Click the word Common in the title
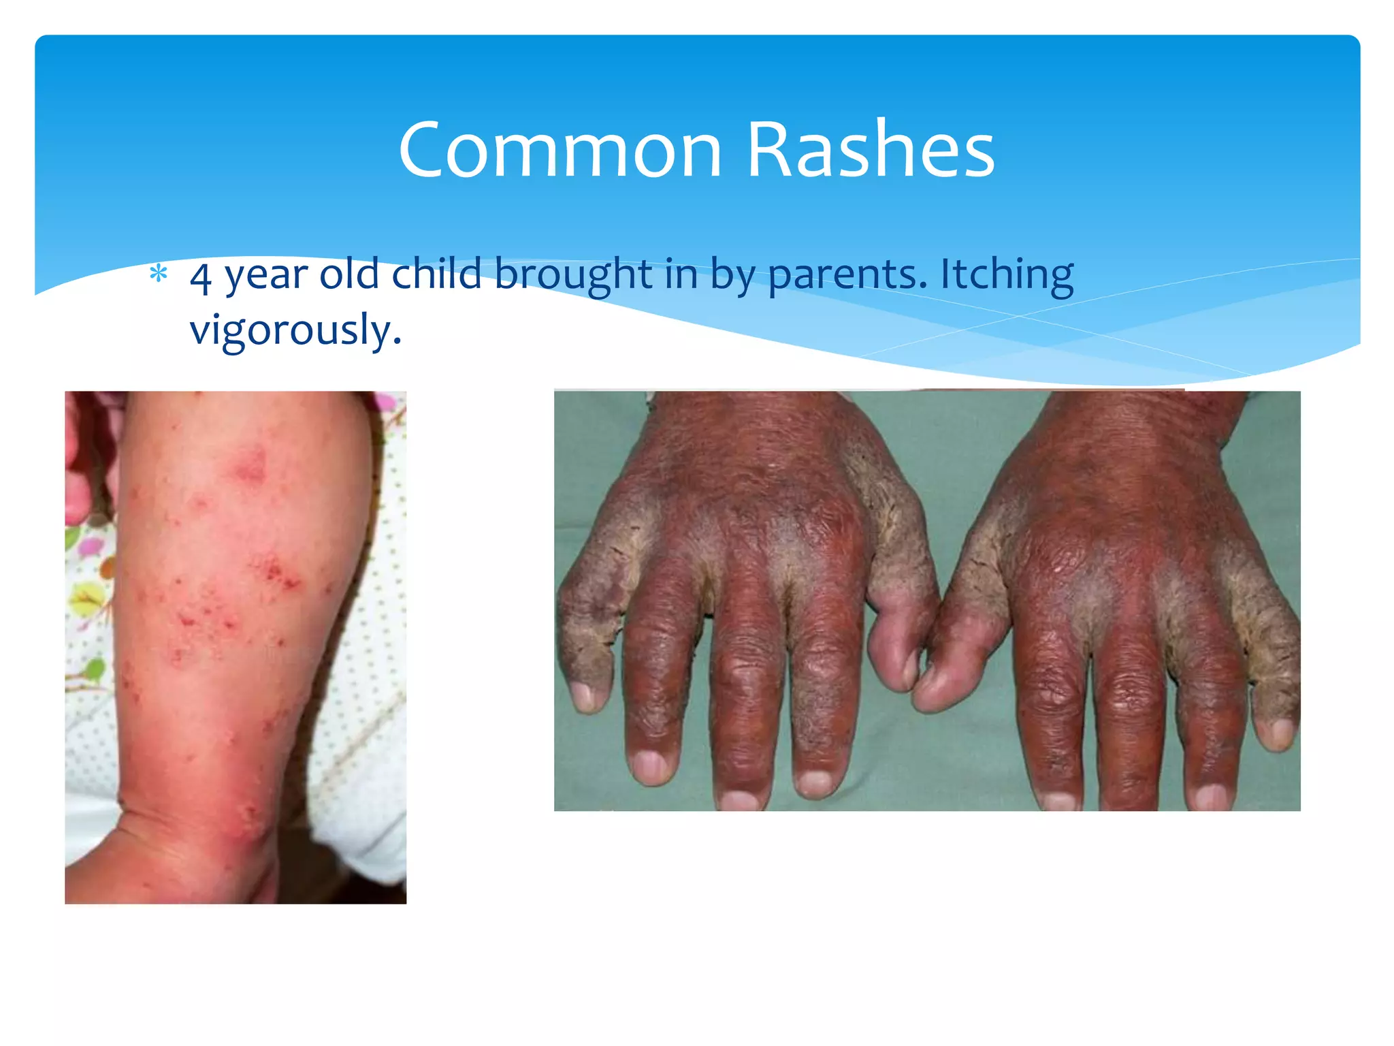tap(560, 150)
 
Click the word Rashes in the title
tap(871, 150)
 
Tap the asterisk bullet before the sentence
tap(159, 274)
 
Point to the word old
tap(349, 274)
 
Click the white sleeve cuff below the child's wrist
tap(368, 838)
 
